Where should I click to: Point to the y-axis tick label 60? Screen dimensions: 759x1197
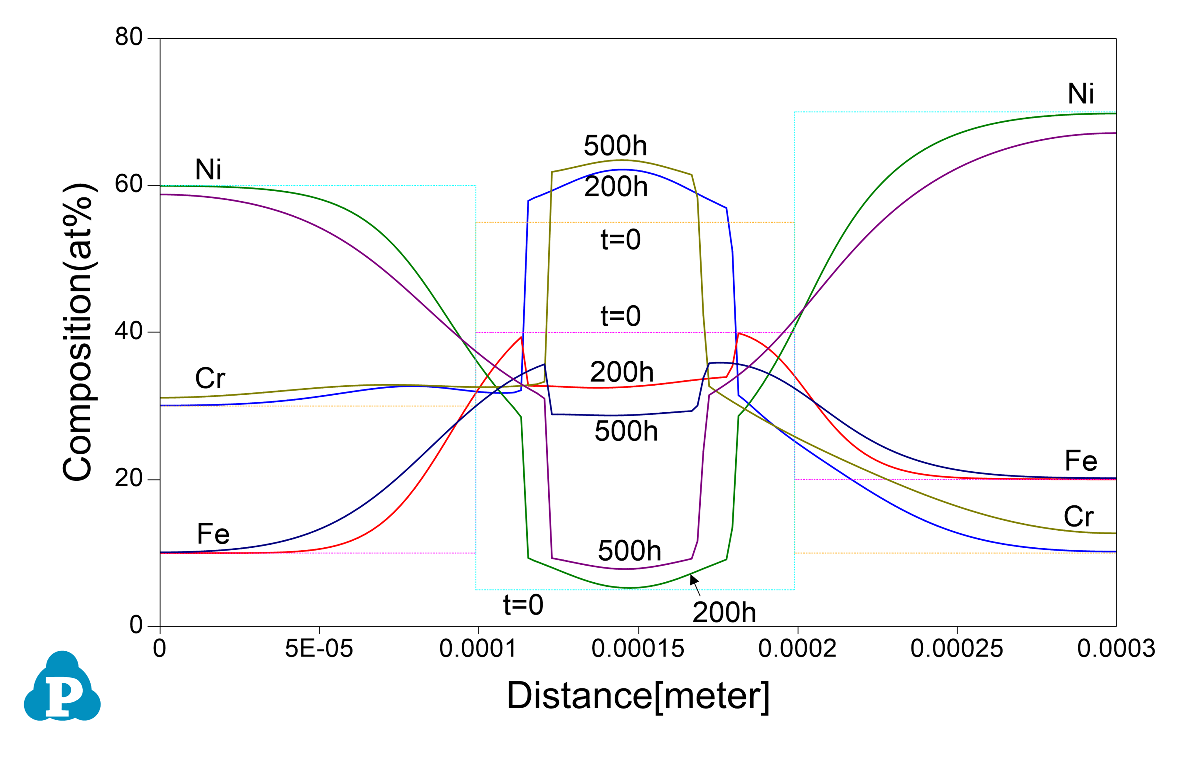pyautogui.click(x=128, y=184)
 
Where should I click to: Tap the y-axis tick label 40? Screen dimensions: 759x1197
pyautogui.click(x=128, y=331)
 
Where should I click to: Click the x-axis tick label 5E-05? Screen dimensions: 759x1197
pyautogui.click(x=319, y=649)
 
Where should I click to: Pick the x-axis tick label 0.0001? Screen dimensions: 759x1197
pyautogui.click(x=478, y=649)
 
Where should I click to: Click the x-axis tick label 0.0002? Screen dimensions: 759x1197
pyautogui.click(x=797, y=649)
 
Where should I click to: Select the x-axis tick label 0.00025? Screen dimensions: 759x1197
pyautogui.click(x=957, y=649)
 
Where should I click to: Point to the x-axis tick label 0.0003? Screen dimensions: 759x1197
pyautogui.click(x=1116, y=649)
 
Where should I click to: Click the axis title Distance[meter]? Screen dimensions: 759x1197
pyautogui.click(x=638, y=696)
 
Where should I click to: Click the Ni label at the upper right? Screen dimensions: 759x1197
pyautogui.click(x=1081, y=93)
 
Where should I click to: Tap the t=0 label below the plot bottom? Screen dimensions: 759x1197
pyautogui.click(x=523, y=605)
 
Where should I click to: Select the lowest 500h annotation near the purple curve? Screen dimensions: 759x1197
pyautogui.click(x=629, y=551)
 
